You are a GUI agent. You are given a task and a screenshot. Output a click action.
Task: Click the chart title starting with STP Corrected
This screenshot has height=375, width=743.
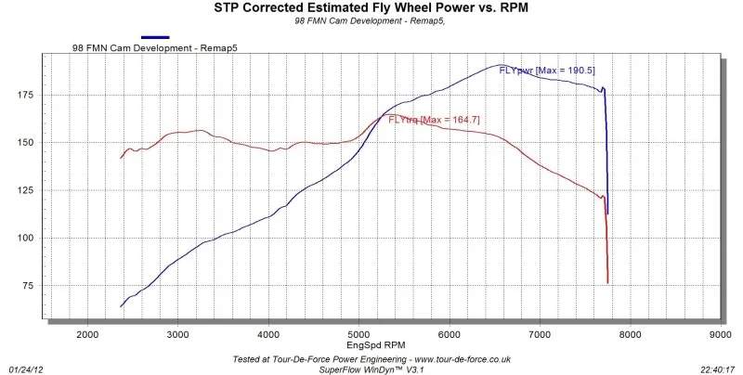click(371, 7)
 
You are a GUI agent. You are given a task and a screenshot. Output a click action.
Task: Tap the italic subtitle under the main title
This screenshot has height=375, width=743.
click(370, 21)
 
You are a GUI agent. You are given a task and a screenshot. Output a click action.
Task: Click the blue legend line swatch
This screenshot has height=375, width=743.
click(155, 37)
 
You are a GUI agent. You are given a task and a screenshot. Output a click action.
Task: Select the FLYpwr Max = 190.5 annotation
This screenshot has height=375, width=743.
click(547, 71)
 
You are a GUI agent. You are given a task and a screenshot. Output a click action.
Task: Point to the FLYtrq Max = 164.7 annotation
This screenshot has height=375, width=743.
click(434, 120)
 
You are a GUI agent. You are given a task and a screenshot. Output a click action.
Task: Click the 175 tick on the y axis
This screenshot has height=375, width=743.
click(26, 96)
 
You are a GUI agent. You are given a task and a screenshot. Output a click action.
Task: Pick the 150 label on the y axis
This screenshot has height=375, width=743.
click(26, 143)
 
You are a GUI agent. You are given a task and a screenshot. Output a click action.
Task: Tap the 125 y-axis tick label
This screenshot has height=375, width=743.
click(26, 190)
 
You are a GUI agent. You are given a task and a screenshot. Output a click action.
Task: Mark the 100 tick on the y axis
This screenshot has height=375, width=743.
click(26, 238)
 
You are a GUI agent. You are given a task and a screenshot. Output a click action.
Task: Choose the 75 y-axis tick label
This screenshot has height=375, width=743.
click(28, 286)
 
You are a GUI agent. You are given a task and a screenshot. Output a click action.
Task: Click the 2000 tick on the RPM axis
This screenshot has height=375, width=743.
click(87, 335)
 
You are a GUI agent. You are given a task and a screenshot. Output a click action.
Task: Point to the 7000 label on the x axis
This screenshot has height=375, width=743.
click(540, 335)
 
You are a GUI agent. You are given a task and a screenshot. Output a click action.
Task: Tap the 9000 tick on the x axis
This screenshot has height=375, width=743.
click(721, 335)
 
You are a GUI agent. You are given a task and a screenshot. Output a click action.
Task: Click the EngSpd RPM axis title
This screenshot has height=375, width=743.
click(376, 345)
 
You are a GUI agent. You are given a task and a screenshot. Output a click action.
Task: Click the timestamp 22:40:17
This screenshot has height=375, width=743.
click(718, 369)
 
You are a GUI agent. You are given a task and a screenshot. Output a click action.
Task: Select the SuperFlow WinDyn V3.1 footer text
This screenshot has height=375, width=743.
click(370, 369)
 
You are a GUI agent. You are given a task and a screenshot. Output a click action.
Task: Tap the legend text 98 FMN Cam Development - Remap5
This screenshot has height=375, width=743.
click(154, 48)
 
